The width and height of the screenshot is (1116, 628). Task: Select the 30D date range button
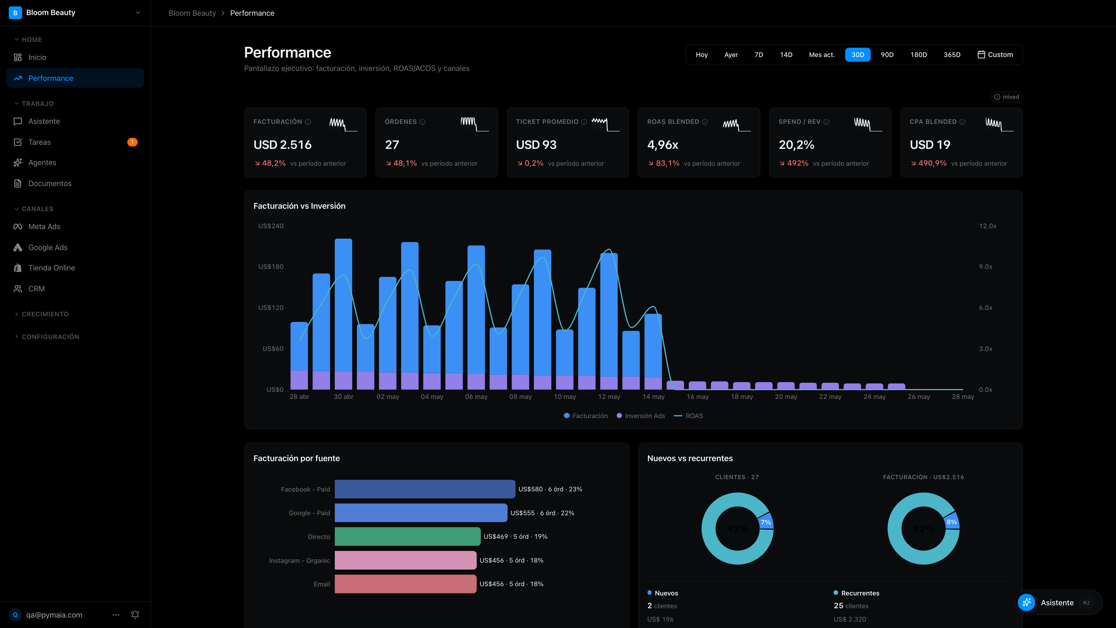click(857, 55)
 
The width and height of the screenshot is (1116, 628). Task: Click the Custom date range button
click(995, 55)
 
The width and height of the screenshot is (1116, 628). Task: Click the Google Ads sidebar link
click(48, 247)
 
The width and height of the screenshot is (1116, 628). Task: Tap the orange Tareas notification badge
click(132, 142)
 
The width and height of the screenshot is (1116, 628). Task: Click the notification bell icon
click(135, 615)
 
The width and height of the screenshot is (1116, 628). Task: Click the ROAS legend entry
click(688, 416)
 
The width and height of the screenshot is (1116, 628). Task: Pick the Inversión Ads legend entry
click(641, 416)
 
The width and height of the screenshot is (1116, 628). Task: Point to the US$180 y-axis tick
click(271, 267)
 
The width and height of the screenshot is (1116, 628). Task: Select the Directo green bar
click(407, 536)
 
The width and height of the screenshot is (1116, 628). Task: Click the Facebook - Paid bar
click(425, 489)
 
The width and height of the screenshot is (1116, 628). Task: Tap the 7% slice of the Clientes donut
click(766, 522)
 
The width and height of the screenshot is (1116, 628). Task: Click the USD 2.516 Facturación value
click(282, 145)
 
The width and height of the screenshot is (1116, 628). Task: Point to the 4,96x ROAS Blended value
click(662, 145)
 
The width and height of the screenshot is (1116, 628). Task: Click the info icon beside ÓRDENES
click(422, 122)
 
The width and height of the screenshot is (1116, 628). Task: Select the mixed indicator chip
click(1006, 97)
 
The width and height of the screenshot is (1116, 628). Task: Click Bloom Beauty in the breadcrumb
click(192, 13)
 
